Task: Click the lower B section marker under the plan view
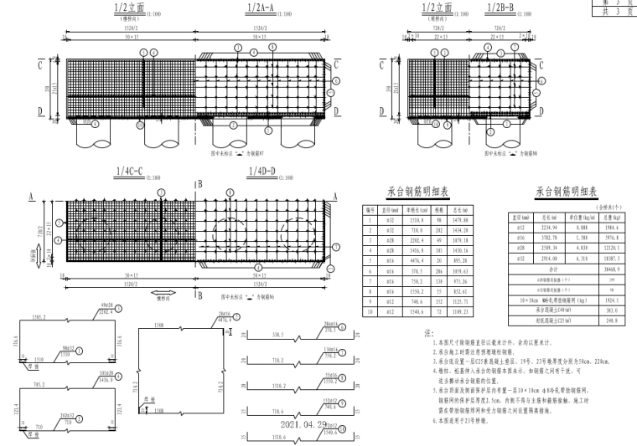pos(198,296)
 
